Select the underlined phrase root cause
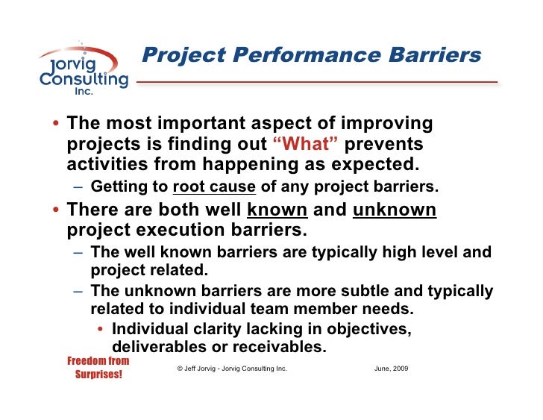pos(214,187)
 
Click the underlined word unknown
pos(395,210)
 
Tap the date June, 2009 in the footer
pos(390,369)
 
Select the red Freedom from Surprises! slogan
pos(98,367)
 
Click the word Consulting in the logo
pos(84,79)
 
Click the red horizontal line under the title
pos(317,81)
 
